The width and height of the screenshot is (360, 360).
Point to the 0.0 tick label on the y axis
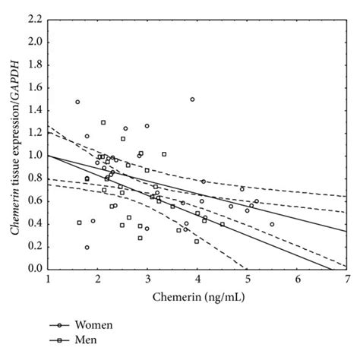point(34,269)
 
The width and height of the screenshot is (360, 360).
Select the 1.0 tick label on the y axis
point(34,156)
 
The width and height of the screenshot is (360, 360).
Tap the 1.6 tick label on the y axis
point(34,88)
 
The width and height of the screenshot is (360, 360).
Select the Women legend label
point(92,325)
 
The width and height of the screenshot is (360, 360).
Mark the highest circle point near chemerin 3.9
point(192,99)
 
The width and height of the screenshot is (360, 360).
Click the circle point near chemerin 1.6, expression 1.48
point(77,102)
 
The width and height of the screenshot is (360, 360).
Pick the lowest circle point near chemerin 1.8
point(87,247)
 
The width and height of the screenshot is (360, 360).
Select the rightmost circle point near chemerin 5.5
point(272,224)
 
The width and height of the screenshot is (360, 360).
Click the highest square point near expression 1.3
point(103,122)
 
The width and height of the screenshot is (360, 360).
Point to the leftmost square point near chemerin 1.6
point(79,223)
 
